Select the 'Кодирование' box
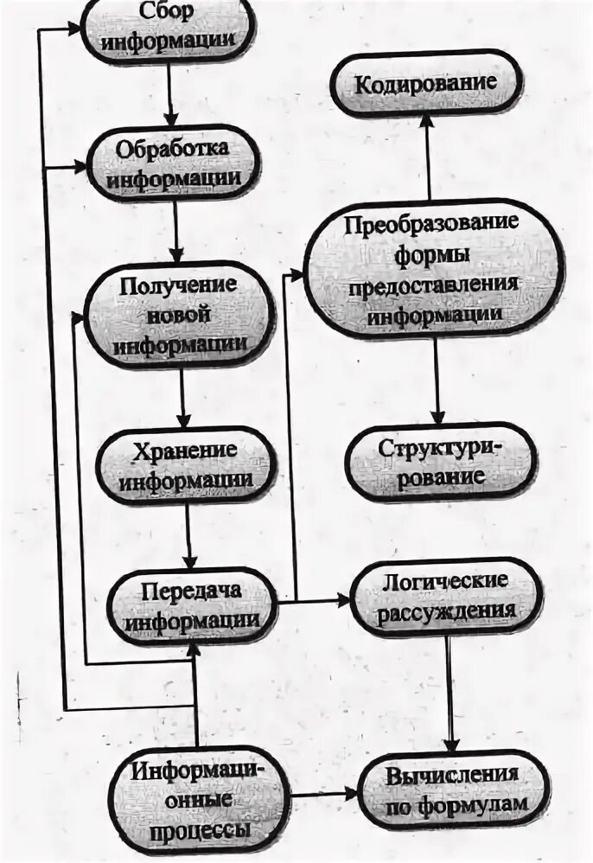[427, 85]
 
